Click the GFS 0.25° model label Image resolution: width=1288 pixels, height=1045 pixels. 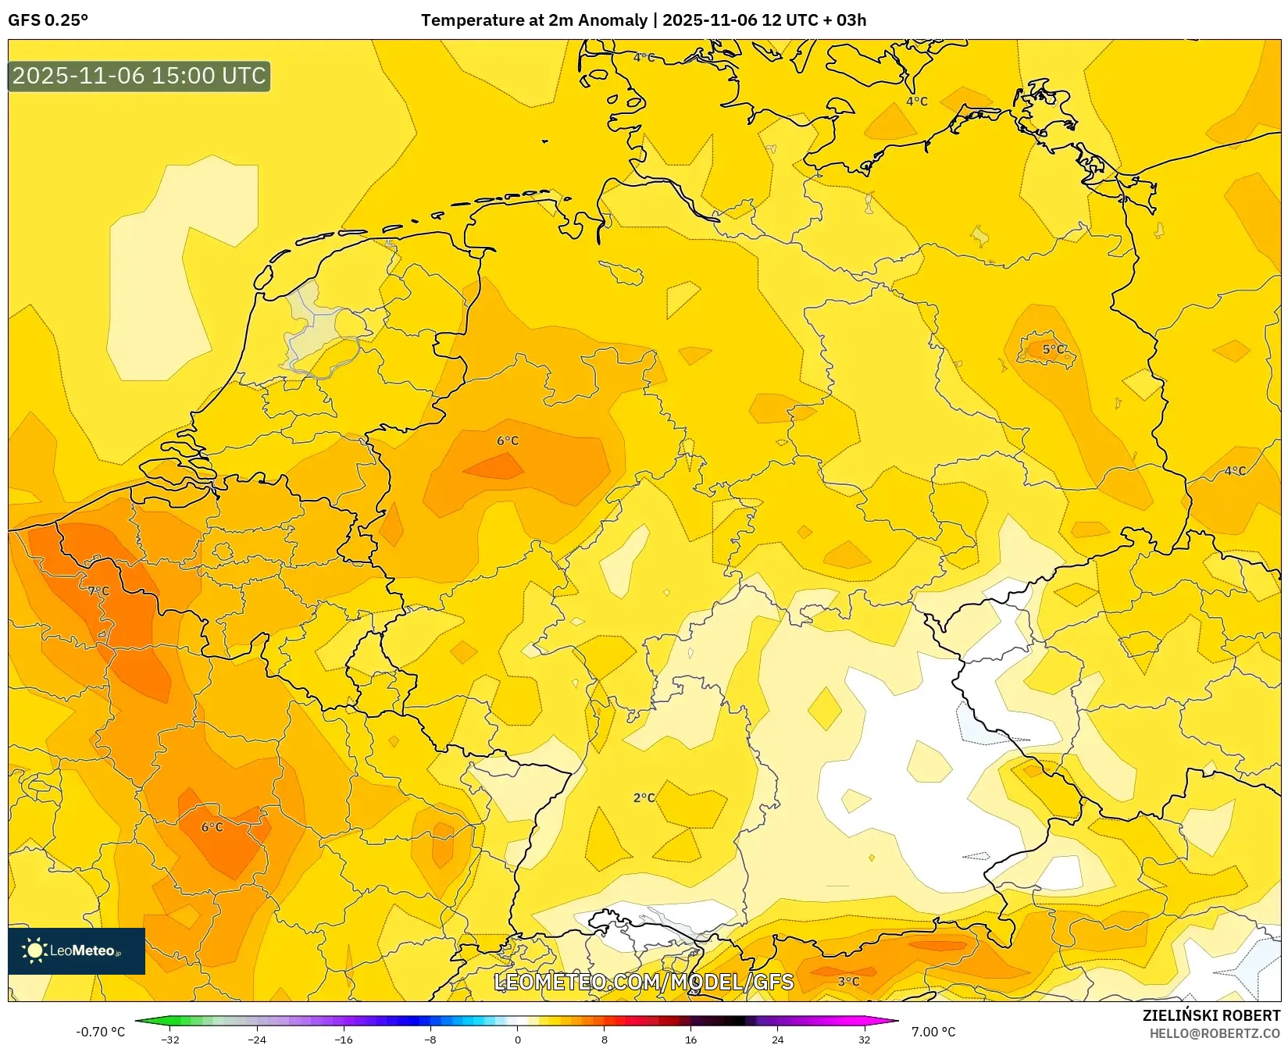48,20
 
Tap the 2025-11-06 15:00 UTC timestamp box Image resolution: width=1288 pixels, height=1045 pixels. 139,76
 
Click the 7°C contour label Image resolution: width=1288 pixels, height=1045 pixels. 98,591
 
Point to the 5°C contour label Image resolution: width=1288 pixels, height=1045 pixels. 1054,349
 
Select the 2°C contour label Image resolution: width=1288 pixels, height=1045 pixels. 644,797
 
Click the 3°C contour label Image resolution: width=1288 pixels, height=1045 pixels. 848,981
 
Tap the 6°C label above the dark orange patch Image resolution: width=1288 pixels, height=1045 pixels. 508,440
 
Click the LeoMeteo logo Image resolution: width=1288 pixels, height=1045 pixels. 77,950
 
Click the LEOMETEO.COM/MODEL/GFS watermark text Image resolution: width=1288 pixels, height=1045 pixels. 644,982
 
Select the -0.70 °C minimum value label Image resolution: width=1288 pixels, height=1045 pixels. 100,1032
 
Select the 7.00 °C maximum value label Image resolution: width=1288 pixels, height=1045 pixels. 933,1032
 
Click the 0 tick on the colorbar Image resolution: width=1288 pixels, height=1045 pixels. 517,1040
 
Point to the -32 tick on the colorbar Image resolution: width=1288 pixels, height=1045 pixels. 169,1040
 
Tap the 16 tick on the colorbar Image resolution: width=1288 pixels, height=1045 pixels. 690,1040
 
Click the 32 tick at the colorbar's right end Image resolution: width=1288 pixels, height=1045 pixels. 864,1040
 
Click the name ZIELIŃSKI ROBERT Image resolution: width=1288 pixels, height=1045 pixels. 1211,1015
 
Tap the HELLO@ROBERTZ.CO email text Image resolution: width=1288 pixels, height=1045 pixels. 1215,1033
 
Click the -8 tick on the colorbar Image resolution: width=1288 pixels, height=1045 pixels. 430,1040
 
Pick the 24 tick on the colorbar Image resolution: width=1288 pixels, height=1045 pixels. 777,1040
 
